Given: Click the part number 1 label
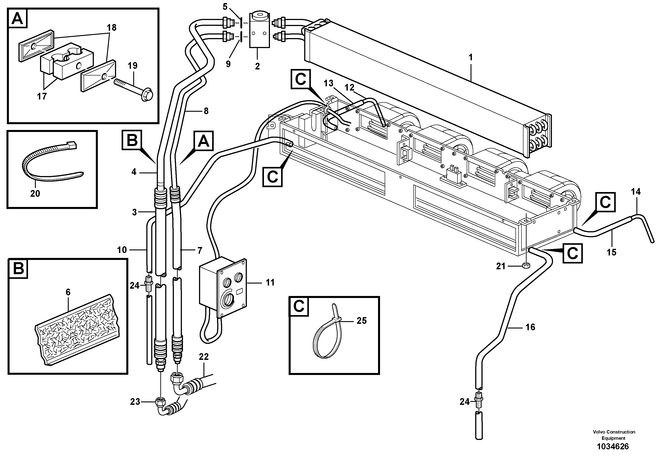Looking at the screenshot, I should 471,57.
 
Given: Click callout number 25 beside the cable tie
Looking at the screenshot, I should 362,320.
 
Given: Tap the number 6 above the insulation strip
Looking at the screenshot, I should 68,292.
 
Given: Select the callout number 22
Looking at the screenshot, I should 203,357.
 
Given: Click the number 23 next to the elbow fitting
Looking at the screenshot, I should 135,402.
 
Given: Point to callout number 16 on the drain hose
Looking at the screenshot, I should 530,327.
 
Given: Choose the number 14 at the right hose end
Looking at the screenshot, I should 636,192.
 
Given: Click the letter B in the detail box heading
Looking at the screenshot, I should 18,269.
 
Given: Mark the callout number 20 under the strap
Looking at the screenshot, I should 35,193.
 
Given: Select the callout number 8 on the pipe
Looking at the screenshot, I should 206,111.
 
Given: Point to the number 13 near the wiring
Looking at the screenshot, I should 328,83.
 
